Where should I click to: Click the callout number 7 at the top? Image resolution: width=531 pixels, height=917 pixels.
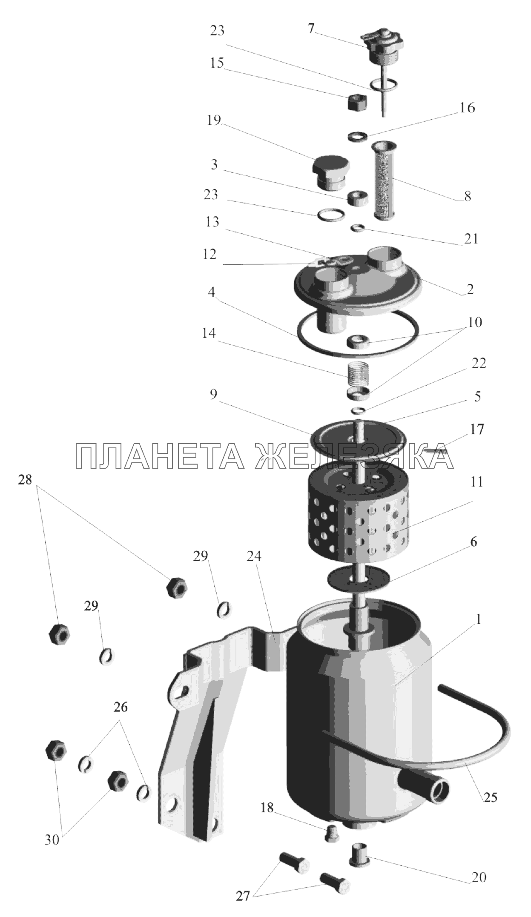click(x=311, y=29)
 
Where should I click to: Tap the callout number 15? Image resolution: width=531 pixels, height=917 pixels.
click(x=217, y=63)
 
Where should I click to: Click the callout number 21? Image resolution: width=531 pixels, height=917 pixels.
click(x=471, y=239)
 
